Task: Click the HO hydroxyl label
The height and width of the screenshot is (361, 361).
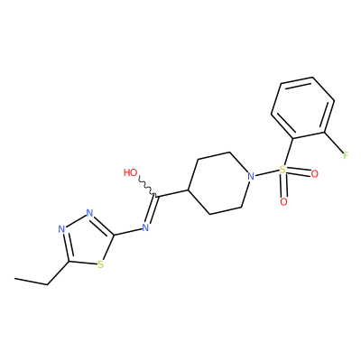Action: [131, 172]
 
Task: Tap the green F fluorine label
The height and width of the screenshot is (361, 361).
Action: [346, 155]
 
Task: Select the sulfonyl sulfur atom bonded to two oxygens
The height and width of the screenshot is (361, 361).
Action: [282, 170]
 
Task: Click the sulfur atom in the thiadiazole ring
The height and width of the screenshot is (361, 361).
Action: [101, 264]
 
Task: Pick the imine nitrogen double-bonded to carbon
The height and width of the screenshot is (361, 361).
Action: [145, 227]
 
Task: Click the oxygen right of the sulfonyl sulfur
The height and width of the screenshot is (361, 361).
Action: [315, 174]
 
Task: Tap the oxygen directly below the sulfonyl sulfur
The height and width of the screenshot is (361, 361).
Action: [283, 202]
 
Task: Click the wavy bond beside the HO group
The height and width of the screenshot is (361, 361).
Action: [147, 187]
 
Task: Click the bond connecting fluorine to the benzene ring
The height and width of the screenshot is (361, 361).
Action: [334, 143]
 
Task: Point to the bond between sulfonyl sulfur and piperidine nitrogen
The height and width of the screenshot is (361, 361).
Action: [266, 173]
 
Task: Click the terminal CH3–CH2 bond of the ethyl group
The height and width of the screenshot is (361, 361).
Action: [32, 282]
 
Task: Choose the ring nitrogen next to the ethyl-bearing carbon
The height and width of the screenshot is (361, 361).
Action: [61, 229]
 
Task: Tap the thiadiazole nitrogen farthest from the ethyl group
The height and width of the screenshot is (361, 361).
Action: [89, 213]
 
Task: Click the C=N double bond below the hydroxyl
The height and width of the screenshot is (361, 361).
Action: [152, 209]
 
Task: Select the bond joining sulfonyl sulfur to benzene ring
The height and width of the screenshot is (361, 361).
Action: [288, 152]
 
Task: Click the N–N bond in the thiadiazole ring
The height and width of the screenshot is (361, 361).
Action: [76, 221]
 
